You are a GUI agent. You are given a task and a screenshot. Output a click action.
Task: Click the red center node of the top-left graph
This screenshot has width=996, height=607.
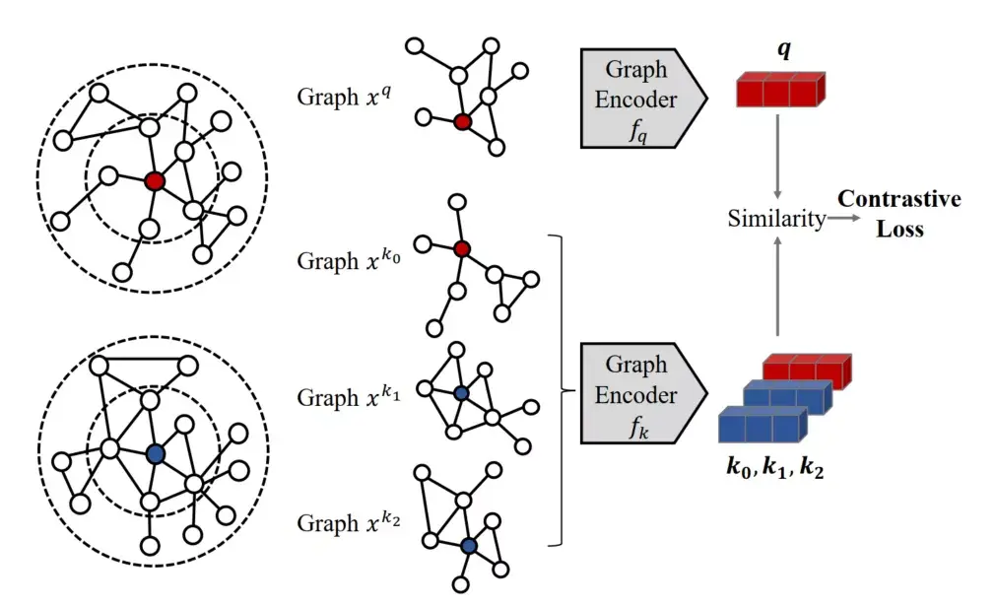154,181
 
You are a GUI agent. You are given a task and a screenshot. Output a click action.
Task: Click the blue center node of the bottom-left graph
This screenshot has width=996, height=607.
154,453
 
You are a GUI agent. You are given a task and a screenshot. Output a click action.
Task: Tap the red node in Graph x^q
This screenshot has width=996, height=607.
462,122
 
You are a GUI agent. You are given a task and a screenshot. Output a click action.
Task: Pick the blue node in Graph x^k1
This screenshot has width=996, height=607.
462,393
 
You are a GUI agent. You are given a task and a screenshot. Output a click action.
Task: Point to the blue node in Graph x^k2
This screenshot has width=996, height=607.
468,545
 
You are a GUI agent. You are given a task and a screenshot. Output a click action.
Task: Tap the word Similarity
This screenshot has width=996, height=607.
776,219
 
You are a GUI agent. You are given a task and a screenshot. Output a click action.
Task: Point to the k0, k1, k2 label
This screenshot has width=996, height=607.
775,469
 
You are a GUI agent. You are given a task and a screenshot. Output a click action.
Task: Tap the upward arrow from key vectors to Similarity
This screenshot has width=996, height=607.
778,291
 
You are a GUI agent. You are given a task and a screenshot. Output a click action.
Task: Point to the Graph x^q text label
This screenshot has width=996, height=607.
339,98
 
